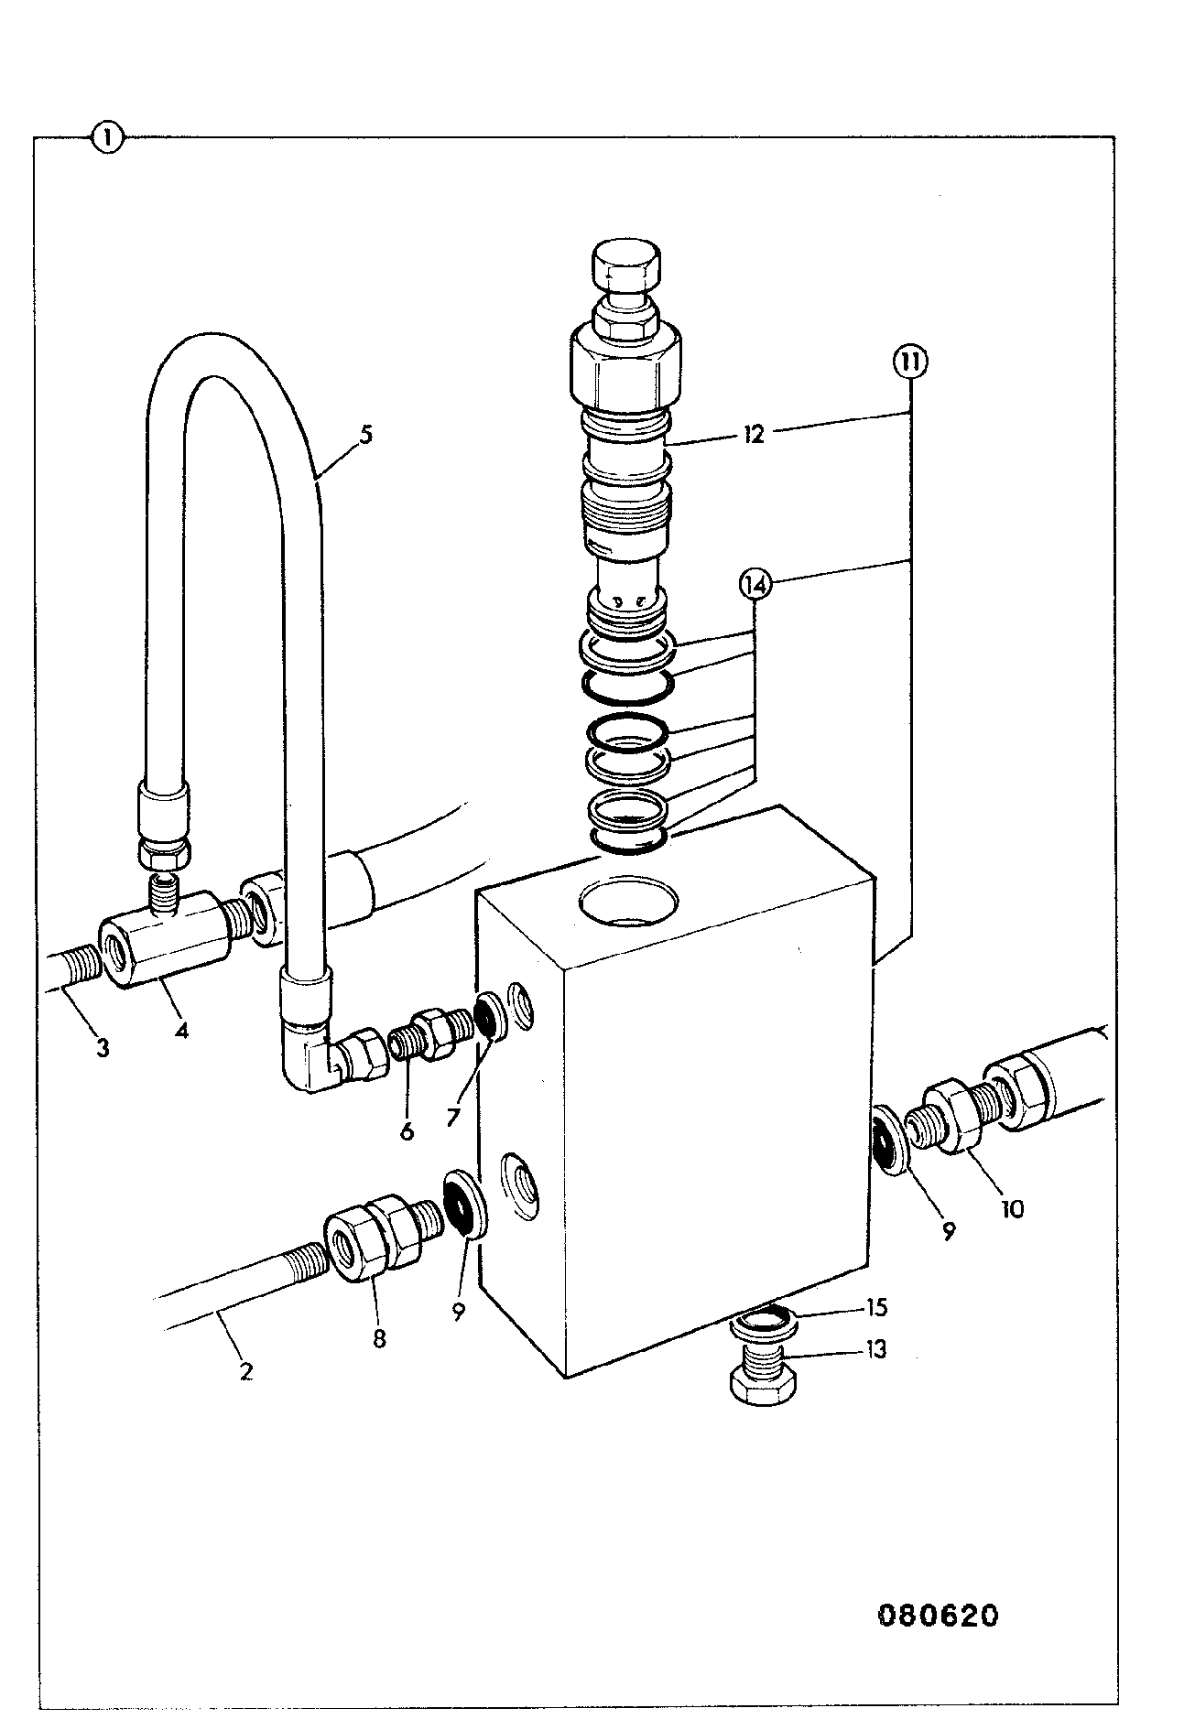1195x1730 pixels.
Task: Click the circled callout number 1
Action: pyautogui.click(x=107, y=138)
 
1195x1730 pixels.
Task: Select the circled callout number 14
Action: pyautogui.click(x=756, y=584)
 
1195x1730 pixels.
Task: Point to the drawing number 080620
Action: pyautogui.click(x=938, y=1616)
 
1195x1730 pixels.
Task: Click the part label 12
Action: pyautogui.click(x=753, y=434)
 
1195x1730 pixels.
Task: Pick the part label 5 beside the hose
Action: pyautogui.click(x=365, y=434)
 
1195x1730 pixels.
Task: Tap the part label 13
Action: pyautogui.click(x=876, y=1350)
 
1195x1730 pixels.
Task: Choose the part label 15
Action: pyautogui.click(x=876, y=1307)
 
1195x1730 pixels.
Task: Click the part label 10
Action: pyautogui.click(x=1012, y=1209)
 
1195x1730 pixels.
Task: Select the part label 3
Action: pyautogui.click(x=103, y=1047)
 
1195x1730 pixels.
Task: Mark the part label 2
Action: pyautogui.click(x=245, y=1372)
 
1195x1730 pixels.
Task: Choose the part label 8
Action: pyautogui.click(x=378, y=1339)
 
